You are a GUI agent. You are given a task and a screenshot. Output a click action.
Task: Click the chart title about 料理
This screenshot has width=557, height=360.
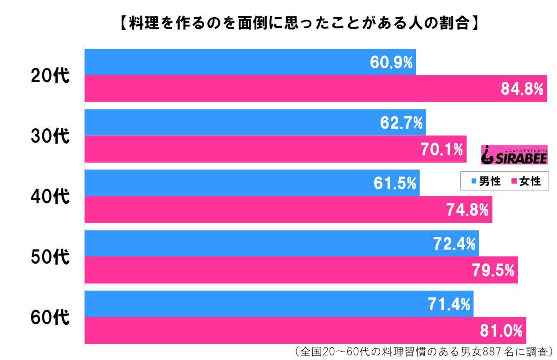coord(297,23)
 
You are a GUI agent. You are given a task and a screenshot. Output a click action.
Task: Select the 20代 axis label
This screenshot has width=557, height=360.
coord(50,76)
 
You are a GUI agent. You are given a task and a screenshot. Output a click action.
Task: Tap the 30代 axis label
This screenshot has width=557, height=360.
coord(50,136)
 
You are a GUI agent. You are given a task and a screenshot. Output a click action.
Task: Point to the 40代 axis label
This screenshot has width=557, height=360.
coord(50,196)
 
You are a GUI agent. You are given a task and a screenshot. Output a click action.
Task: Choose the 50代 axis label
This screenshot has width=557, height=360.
coord(50,257)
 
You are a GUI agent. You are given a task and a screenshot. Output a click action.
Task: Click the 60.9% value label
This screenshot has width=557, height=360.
coord(391,62)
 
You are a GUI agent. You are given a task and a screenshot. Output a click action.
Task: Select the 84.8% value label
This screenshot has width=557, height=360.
coord(522,89)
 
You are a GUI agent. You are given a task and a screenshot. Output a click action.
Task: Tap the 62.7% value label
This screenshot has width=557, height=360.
coord(402,123)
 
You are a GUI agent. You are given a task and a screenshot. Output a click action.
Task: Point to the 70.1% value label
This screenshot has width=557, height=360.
coord(442,150)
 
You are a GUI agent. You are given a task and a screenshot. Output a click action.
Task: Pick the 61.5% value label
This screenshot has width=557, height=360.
coord(395,183)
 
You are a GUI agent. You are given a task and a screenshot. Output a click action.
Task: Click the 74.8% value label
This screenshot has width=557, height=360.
coord(467,210)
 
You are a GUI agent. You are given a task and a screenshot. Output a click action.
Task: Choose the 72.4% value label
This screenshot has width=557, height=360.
coord(454,243)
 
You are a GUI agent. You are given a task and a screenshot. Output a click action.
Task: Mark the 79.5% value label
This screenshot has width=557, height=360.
coord(493,270)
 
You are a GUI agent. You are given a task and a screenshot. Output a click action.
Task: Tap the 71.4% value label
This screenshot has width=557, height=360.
coord(449,304)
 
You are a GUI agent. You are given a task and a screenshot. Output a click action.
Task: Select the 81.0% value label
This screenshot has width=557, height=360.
coord(502,331)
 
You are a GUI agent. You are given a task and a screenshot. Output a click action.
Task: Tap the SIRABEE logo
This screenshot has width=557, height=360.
coord(514,154)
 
